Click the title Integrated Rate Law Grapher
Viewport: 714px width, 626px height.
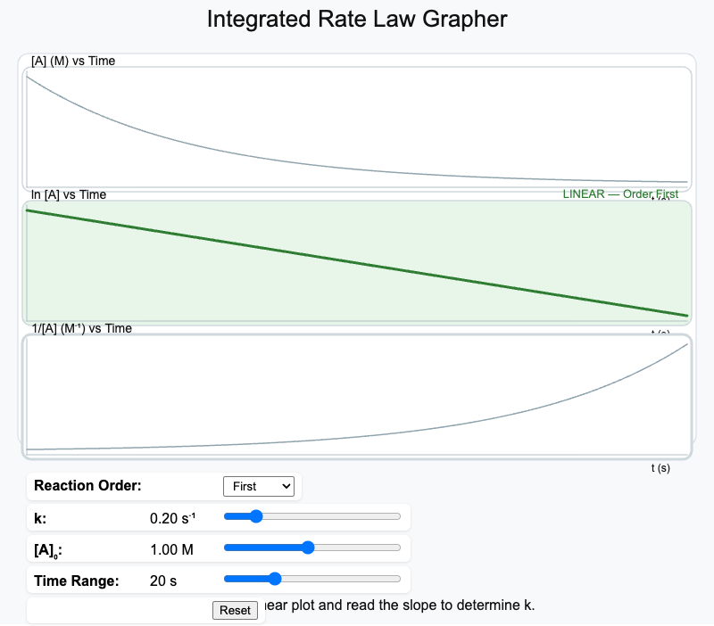point(357,19)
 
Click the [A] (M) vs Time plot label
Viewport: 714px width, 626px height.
point(73,61)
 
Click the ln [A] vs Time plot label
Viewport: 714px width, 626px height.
point(69,194)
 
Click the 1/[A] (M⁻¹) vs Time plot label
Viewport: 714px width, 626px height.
point(81,328)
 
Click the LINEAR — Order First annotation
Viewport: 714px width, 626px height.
point(619,194)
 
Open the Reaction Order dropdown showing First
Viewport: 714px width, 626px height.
point(258,486)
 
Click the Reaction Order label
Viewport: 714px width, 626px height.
point(87,486)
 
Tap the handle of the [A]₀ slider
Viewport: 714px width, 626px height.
point(308,548)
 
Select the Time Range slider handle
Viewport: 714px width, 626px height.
point(274,579)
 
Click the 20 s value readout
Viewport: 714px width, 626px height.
point(163,581)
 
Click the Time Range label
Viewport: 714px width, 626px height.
point(77,581)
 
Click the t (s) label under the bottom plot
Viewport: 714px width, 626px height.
point(660,467)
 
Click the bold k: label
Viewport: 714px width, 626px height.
point(41,516)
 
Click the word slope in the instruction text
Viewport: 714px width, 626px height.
point(409,605)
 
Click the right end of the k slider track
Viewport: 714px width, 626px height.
point(399,516)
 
